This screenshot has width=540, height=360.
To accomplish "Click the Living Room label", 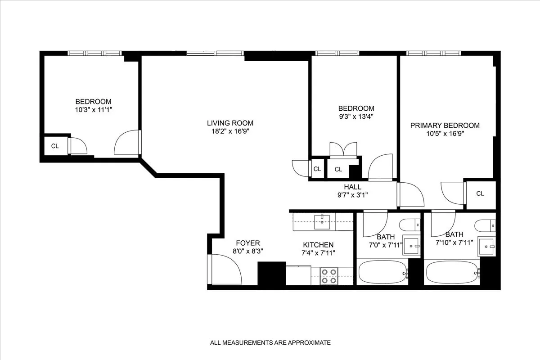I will click(x=230, y=123).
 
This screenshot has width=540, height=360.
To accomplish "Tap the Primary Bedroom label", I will click(x=445, y=126).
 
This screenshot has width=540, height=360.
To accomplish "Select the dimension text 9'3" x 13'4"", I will click(x=356, y=116).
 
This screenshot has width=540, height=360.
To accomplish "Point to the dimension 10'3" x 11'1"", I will click(x=93, y=109).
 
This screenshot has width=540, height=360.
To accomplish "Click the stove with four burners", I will click(x=328, y=275).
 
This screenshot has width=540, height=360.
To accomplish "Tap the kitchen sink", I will click(x=322, y=220).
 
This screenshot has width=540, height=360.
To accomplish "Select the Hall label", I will click(x=352, y=187).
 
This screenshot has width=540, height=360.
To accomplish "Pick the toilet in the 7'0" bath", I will click(x=410, y=224).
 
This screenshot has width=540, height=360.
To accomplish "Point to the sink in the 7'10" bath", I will click(x=486, y=245).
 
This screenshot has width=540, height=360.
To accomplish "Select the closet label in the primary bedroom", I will click(x=480, y=193).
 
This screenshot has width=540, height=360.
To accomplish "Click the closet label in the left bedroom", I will click(x=55, y=146).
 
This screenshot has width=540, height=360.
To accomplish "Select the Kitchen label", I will click(x=318, y=245).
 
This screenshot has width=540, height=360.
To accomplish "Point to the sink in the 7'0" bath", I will click(x=411, y=246).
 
